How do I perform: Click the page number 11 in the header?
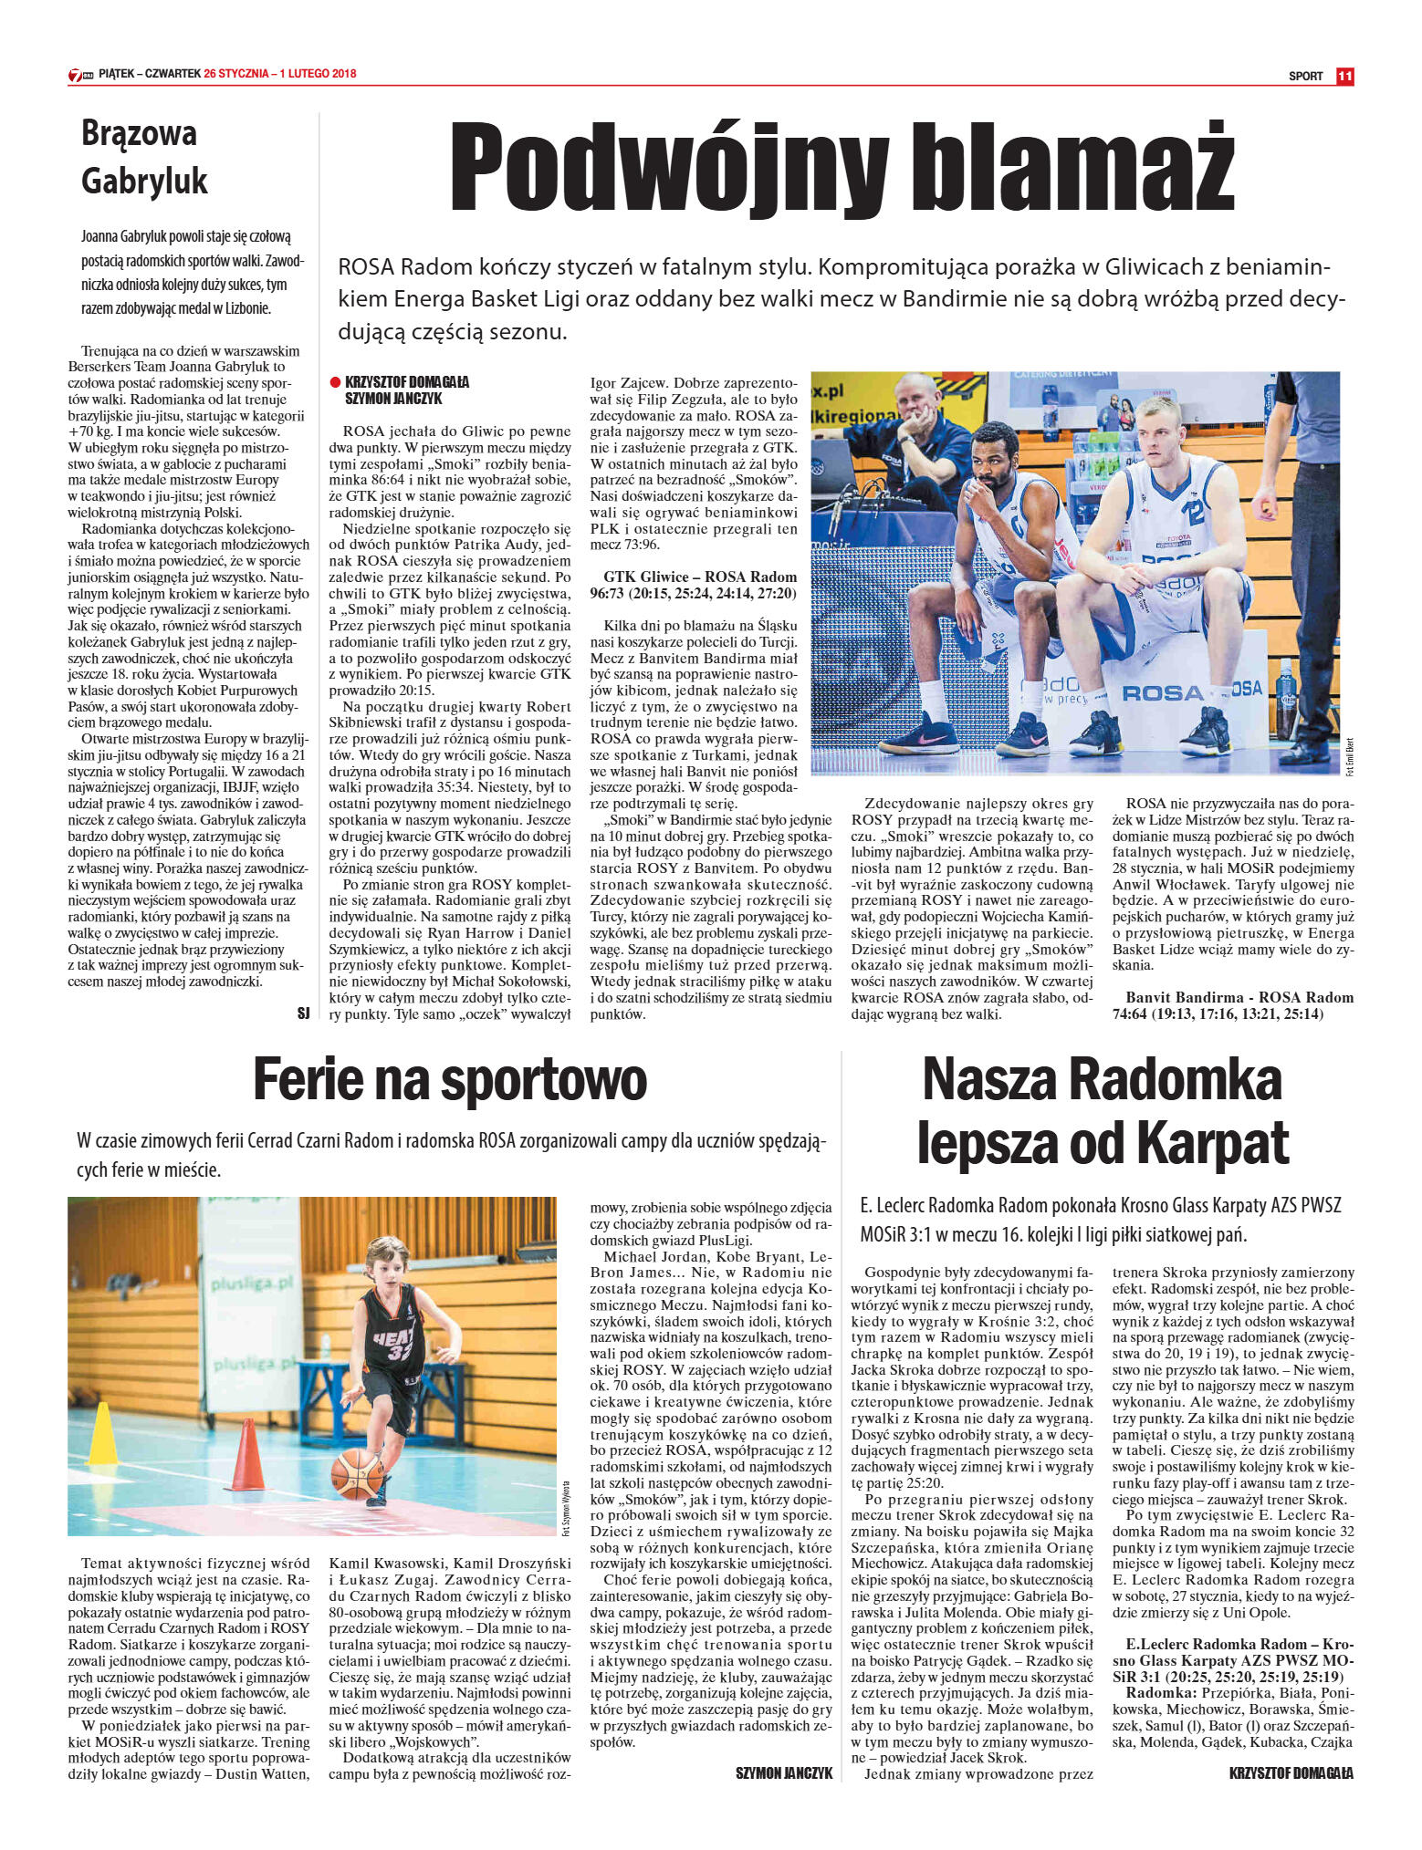tap(1344, 76)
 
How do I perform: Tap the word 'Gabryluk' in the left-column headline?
tap(144, 181)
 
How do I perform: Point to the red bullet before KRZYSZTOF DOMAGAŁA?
tap(335, 383)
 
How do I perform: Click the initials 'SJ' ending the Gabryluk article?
tap(303, 1013)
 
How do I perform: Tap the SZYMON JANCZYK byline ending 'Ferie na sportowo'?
tap(784, 1773)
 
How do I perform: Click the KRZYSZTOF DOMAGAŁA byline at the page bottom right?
tap(1291, 1773)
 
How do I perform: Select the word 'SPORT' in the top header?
tap(1305, 77)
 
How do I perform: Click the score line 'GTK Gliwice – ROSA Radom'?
tap(700, 577)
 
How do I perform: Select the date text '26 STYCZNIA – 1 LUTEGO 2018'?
tap(280, 74)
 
